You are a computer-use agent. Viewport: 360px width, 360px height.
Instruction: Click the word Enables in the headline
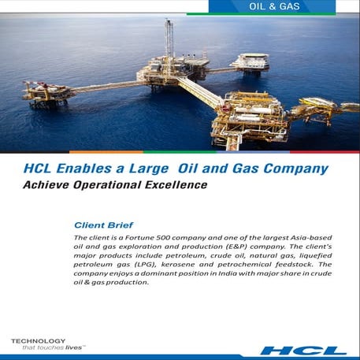(x=85, y=168)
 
